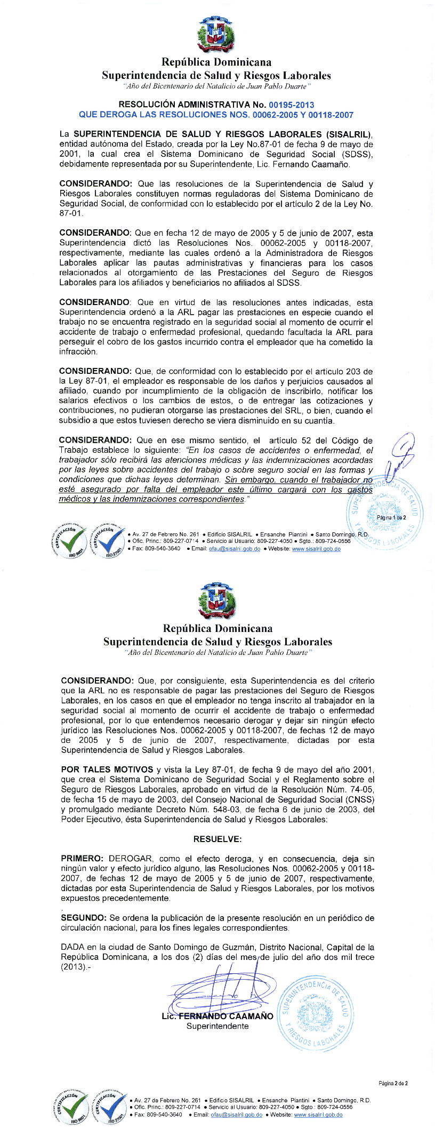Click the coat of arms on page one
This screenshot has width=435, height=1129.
point(216,34)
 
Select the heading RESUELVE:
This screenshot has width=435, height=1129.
point(217,839)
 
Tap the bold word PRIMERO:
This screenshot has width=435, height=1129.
point(82,859)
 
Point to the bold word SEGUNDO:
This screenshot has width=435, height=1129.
point(84,918)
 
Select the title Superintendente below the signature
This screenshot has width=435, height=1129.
point(217,1026)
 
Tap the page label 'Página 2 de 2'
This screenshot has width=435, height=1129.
point(393,1083)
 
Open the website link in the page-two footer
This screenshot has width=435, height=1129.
point(318,1115)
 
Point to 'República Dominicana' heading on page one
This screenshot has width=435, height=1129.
point(216,62)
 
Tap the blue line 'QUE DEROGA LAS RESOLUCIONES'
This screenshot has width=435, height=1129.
point(216,115)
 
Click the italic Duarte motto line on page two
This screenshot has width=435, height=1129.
point(217,652)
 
